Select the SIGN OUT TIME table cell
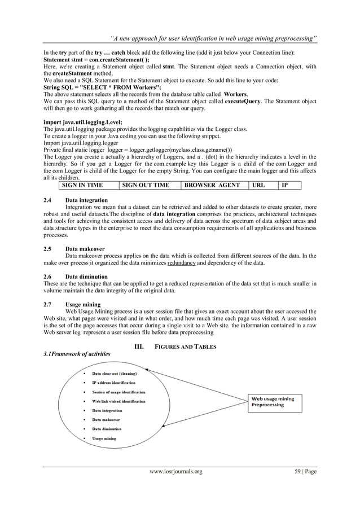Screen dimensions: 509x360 pos(150,185)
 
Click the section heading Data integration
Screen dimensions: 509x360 pos(86,200)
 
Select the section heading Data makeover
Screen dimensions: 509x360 pos(85,248)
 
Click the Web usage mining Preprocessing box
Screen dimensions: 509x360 pos(276,402)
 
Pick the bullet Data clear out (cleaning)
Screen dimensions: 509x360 pos(115,373)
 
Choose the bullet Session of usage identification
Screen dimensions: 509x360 pos(118,392)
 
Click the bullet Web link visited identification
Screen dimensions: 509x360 pos(118,401)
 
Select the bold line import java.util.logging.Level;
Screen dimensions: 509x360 pos(82,122)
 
